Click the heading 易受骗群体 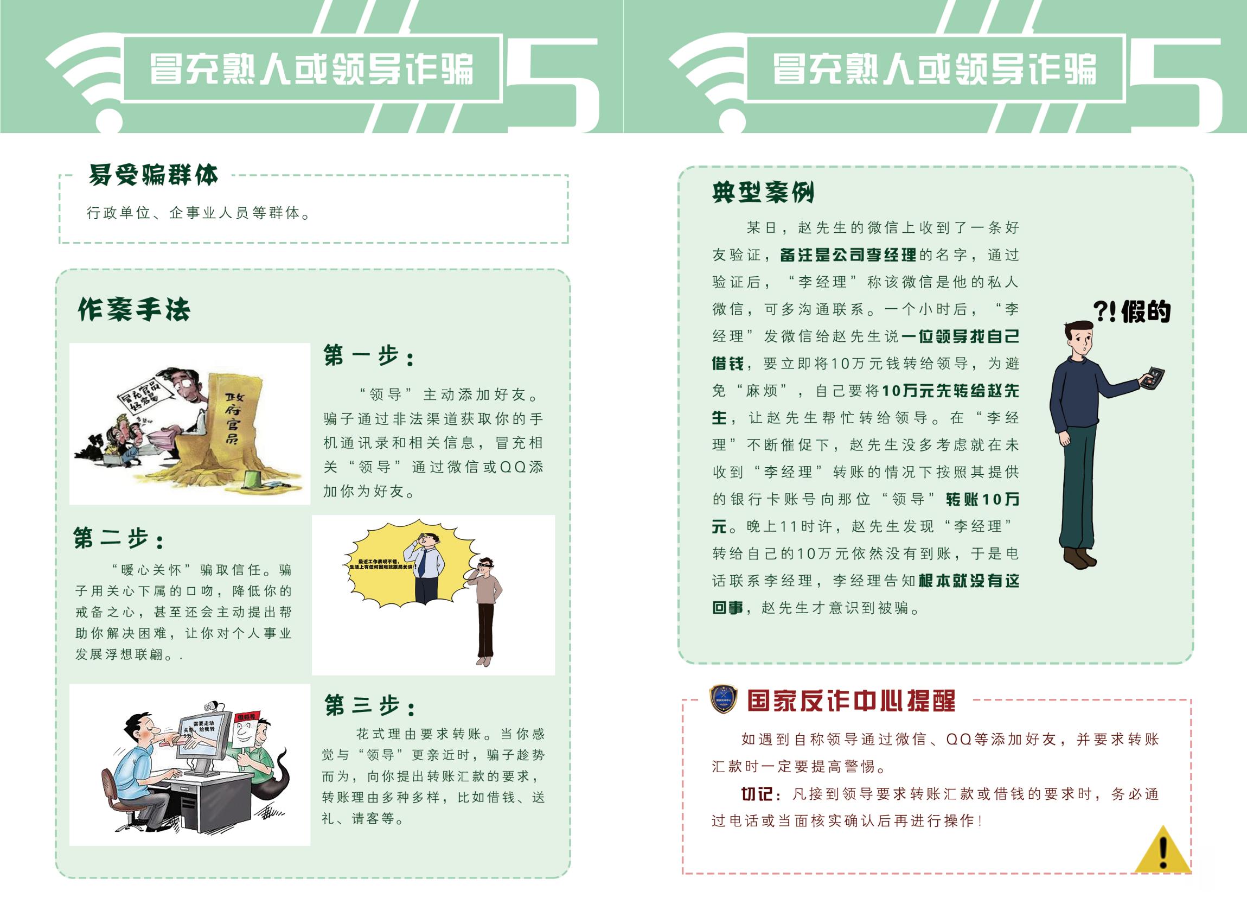tap(153, 175)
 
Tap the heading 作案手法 tap(134, 309)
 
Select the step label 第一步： tap(369, 356)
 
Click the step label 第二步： tap(119, 539)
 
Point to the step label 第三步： tap(370, 706)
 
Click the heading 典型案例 tap(763, 192)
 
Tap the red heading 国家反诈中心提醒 tap(851, 701)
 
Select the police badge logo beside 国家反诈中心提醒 tap(723, 699)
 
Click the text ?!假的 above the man tap(1131, 311)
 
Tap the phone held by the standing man tap(1153, 378)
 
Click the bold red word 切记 tap(757, 794)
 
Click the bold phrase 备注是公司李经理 tap(848, 256)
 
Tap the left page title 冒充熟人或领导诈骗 tap(311, 69)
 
